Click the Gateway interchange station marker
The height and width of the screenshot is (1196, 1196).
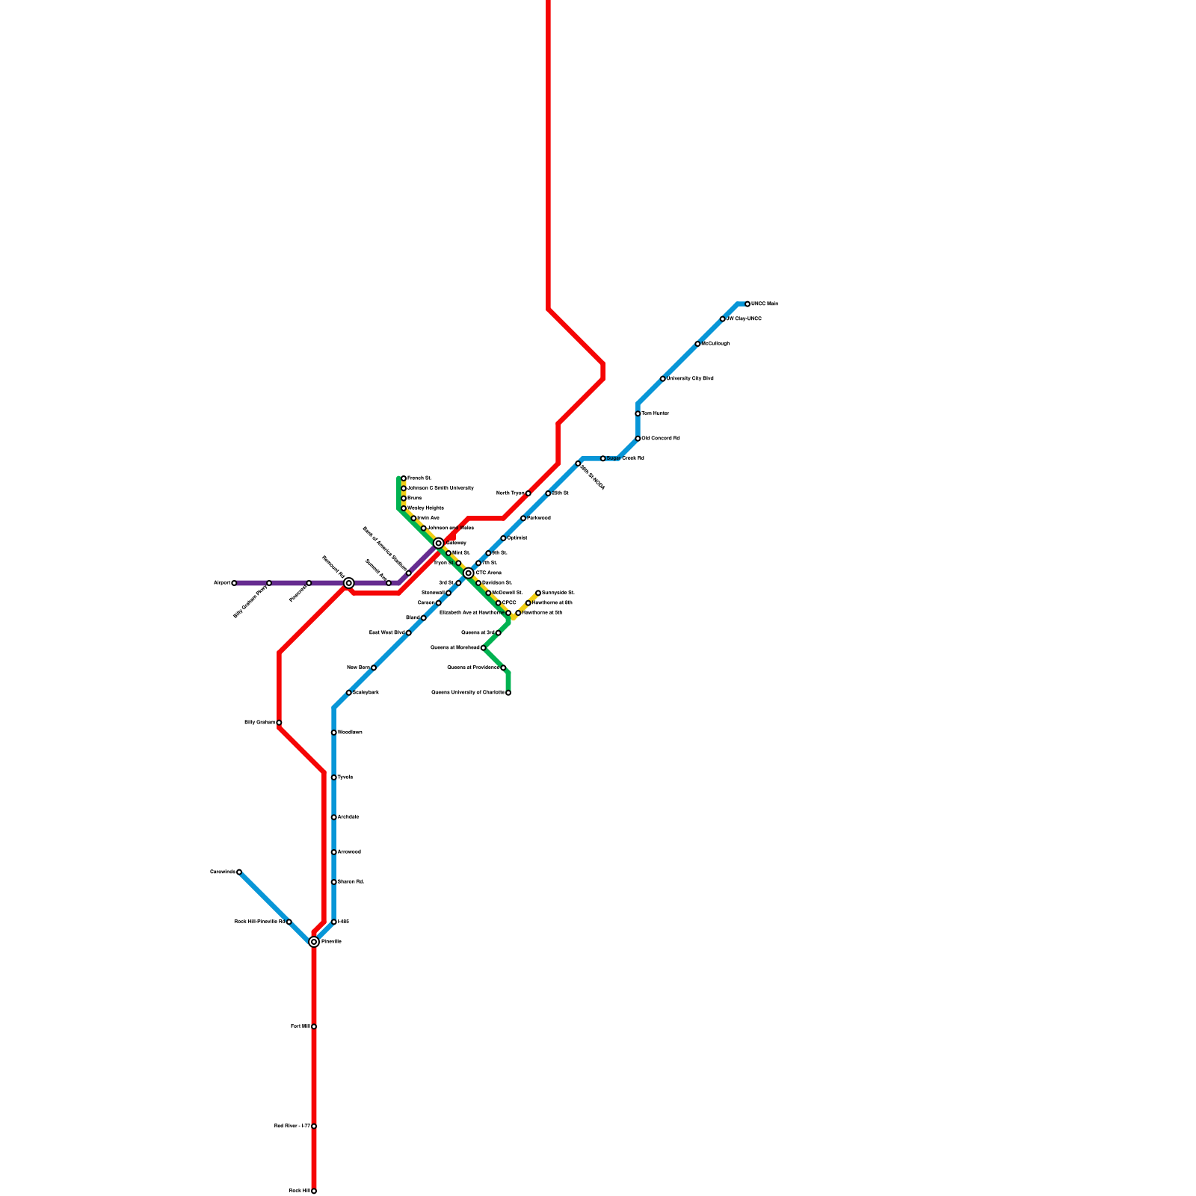coord(439,543)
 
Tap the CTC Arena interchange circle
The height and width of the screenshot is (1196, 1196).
coord(469,573)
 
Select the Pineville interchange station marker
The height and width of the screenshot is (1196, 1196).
coord(314,942)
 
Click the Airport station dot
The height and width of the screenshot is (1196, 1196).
coord(234,583)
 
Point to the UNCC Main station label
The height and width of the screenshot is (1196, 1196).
coord(765,304)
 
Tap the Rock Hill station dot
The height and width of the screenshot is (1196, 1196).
coord(314,1191)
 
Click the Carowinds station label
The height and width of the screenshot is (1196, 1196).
coord(222,872)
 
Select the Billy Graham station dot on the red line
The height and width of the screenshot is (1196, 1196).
coord(279,723)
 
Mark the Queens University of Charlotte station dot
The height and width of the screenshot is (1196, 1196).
coord(508,693)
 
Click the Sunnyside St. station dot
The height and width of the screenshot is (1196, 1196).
coord(538,593)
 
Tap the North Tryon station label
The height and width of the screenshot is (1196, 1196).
coord(511,493)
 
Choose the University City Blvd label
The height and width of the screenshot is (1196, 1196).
coord(690,379)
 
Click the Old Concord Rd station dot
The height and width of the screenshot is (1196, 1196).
coord(638,439)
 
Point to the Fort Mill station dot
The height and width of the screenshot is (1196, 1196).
coord(314,1026)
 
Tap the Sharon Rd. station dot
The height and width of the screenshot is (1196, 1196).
coord(334,882)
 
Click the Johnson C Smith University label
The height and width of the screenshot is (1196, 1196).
coord(440,488)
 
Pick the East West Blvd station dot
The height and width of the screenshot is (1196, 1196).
coord(409,633)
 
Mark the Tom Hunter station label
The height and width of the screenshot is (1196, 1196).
coord(656,413)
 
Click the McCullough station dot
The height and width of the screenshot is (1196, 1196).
coord(697,344)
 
